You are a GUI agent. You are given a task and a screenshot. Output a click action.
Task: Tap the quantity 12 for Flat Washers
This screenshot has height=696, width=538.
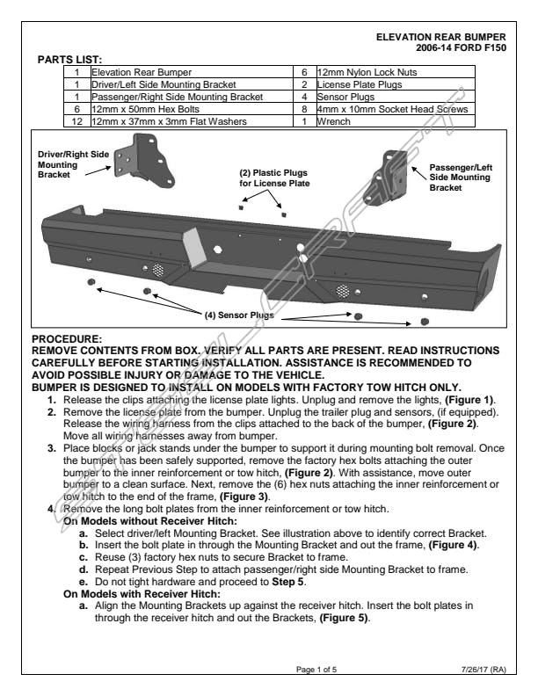coord(77,121)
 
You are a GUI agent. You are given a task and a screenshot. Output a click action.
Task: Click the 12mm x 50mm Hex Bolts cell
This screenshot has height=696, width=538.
coord(145,109)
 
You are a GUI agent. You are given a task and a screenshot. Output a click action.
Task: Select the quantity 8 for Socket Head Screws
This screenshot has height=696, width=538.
coord(302,109)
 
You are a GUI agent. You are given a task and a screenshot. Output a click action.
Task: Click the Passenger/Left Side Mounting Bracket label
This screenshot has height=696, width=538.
coord(459,177)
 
